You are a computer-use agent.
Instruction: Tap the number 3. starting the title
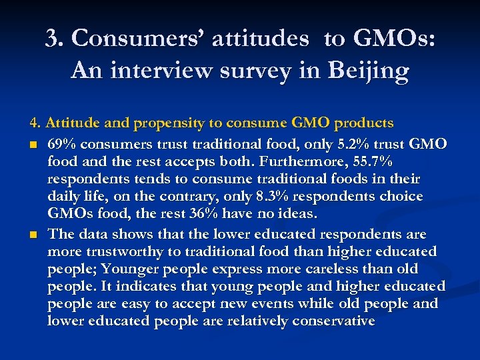click(x=55, y=39)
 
